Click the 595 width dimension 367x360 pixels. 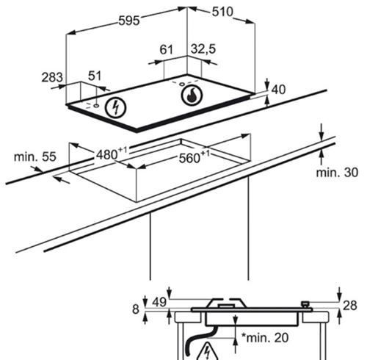(129, 21)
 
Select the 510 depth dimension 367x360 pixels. (222, 12)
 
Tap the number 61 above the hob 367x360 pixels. (166, 49)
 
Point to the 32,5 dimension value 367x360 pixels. (203, 48)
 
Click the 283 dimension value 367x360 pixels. (52, 77)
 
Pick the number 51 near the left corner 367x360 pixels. (95, 76)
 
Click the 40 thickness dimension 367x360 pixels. (278, 90)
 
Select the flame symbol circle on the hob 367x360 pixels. (192, 96)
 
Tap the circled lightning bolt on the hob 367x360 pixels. (115, 108)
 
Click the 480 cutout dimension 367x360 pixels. (112, 154)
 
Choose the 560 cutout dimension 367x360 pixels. (195, 157)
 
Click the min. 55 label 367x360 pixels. (35, 156)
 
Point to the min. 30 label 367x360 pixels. (337, 173)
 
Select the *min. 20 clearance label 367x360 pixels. (265, 337)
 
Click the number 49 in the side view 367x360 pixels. (159, 303)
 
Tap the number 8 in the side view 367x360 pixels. (136, 309)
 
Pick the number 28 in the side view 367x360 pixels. (350, 306)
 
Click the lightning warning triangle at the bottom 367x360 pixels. (208, 351)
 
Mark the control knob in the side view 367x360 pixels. (305, 305)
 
